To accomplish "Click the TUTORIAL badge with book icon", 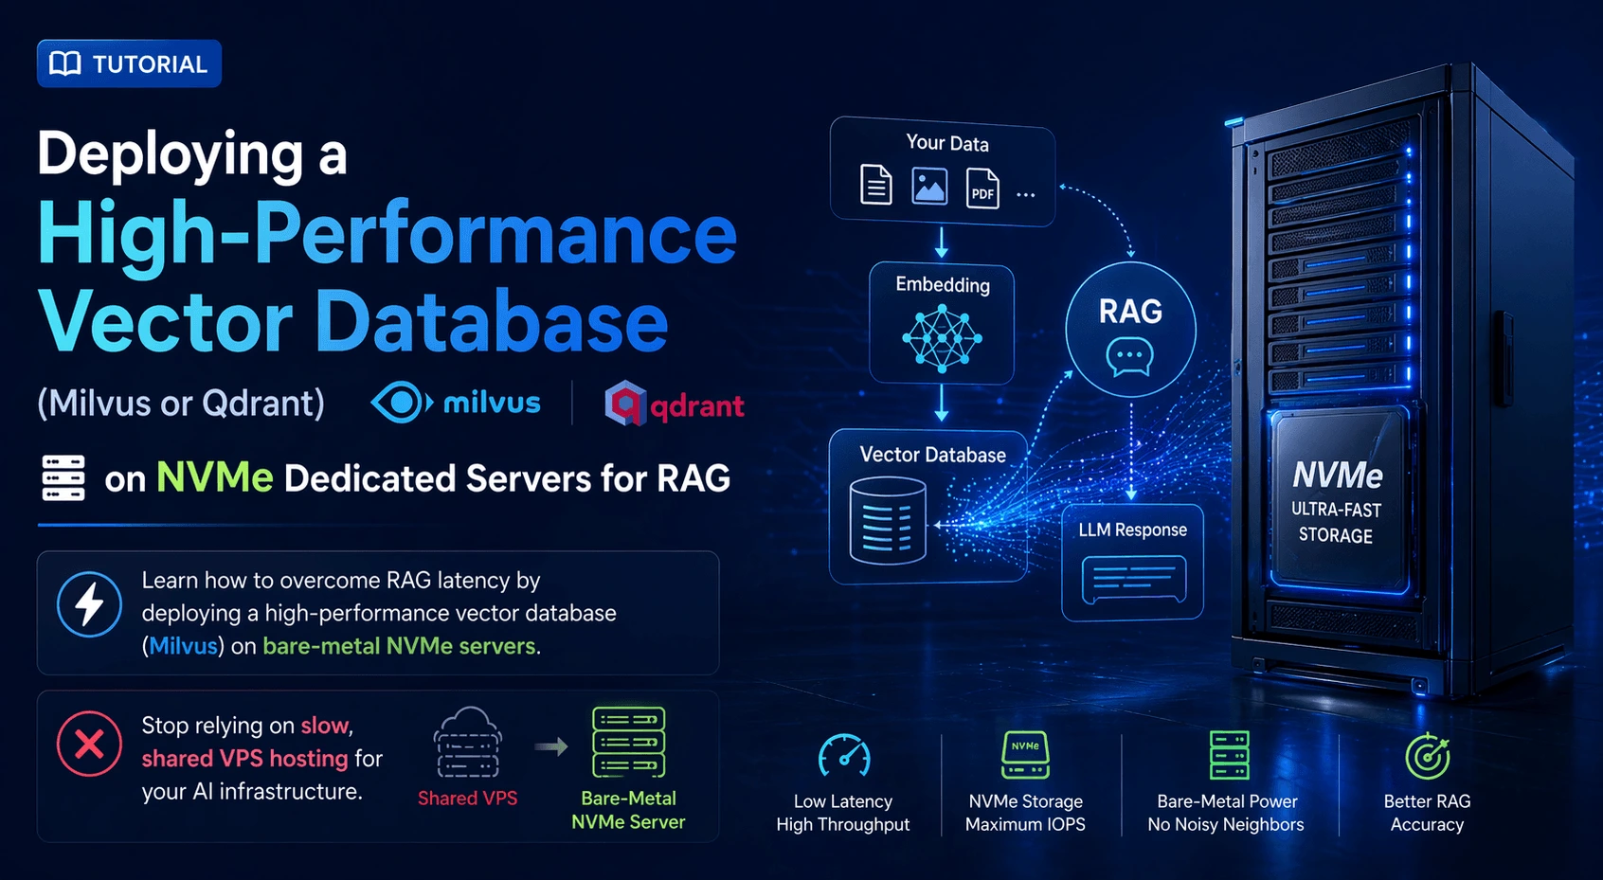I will point(129,63).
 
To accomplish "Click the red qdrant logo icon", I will point(624,404).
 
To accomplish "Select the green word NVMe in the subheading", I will point(214,477).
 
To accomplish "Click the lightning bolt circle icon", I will point(89,603).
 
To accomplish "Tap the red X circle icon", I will point(89,744).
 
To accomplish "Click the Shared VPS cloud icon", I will point(467,744).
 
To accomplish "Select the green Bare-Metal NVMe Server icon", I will point(628,743).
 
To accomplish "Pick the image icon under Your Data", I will point(928,186).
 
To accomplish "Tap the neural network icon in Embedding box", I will point(941,337).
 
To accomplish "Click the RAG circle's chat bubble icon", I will point(1129,357).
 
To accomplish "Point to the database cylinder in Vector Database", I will point(887,520).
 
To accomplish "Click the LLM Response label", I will point(1132,530).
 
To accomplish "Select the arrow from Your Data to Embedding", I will point(941,242).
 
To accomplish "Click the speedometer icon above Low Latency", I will point(843,756).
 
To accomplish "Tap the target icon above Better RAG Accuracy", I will point(1427,756).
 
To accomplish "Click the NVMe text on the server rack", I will point(1337,474).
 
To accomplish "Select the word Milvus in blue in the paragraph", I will point(183,646).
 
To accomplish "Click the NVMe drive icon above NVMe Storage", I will point(1025,754).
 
